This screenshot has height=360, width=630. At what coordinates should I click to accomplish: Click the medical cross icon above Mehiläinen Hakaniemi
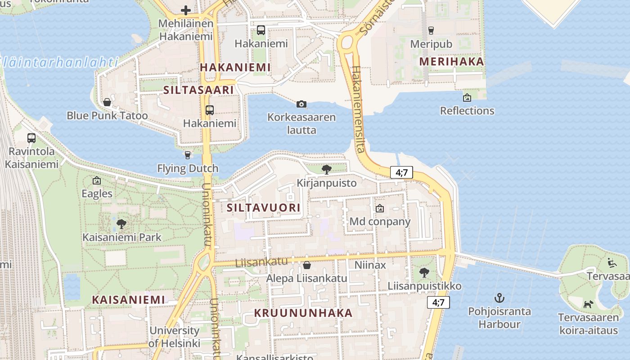[186, 10]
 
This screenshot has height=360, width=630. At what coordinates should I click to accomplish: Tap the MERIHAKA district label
[451, 62]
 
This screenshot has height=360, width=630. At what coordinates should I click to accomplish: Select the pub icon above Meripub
[431, 31]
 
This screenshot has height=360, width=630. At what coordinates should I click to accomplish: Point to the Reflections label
[467, 111]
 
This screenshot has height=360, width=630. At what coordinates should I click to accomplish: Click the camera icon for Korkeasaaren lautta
[301, 104]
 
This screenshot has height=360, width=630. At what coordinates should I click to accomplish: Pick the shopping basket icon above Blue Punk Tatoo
[107, 102]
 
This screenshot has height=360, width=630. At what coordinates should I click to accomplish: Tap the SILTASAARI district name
[198, 90]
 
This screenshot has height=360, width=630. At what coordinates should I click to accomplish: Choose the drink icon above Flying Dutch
[188, 155]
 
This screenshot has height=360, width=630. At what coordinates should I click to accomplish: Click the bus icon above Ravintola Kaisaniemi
[31, 138]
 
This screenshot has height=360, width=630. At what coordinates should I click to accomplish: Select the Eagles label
[97, 194]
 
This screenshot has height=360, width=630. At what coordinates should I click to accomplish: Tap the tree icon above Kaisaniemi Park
[121, 224]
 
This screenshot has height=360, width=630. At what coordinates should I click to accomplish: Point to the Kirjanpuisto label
[327, 183]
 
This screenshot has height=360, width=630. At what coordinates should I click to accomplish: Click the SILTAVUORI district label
[263, 207]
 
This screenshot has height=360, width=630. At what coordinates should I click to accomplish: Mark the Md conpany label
[380, 222]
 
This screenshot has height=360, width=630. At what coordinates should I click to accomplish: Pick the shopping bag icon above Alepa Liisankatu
[307, 265]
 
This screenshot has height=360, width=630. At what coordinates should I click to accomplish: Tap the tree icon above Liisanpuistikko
[424, 272]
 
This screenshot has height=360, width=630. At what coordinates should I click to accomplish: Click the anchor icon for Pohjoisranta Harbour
[499, 298]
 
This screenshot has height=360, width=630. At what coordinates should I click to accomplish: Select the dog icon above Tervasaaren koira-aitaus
[588, 304]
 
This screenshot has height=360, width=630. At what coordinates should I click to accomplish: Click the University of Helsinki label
[175, 337]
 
